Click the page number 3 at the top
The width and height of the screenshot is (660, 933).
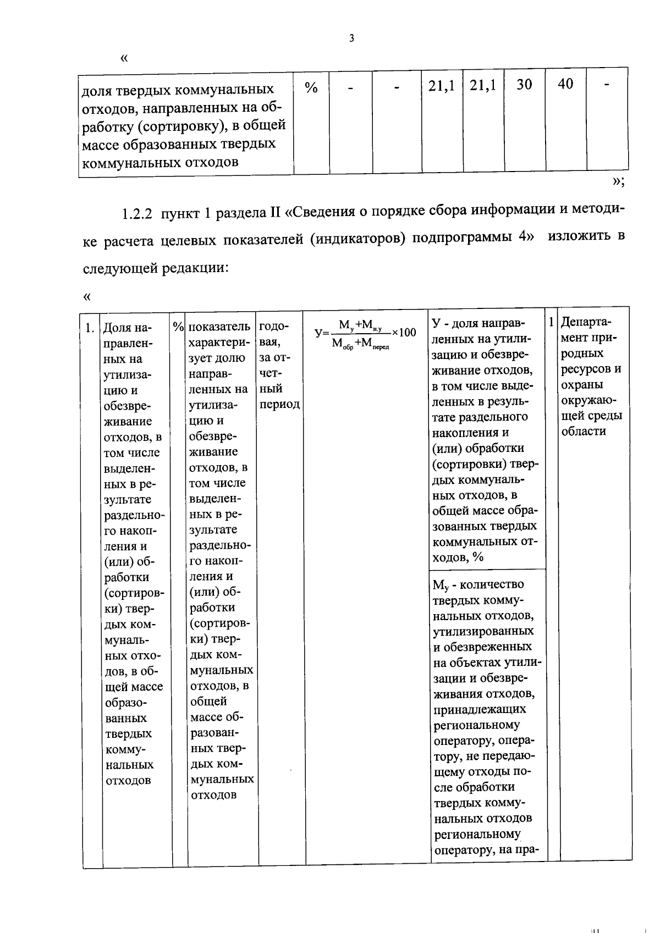pyautogui.click(x=351, y=38)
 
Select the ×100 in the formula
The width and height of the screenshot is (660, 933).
pyautogui.click(x=404, y=332)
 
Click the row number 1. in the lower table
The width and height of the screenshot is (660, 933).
pyautogui.click(x=90, y=328)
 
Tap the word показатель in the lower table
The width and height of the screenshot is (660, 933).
pyautogui.click(x=219, y=327)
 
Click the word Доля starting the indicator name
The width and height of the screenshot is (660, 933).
pyautogui.click(x=117, y=328)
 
